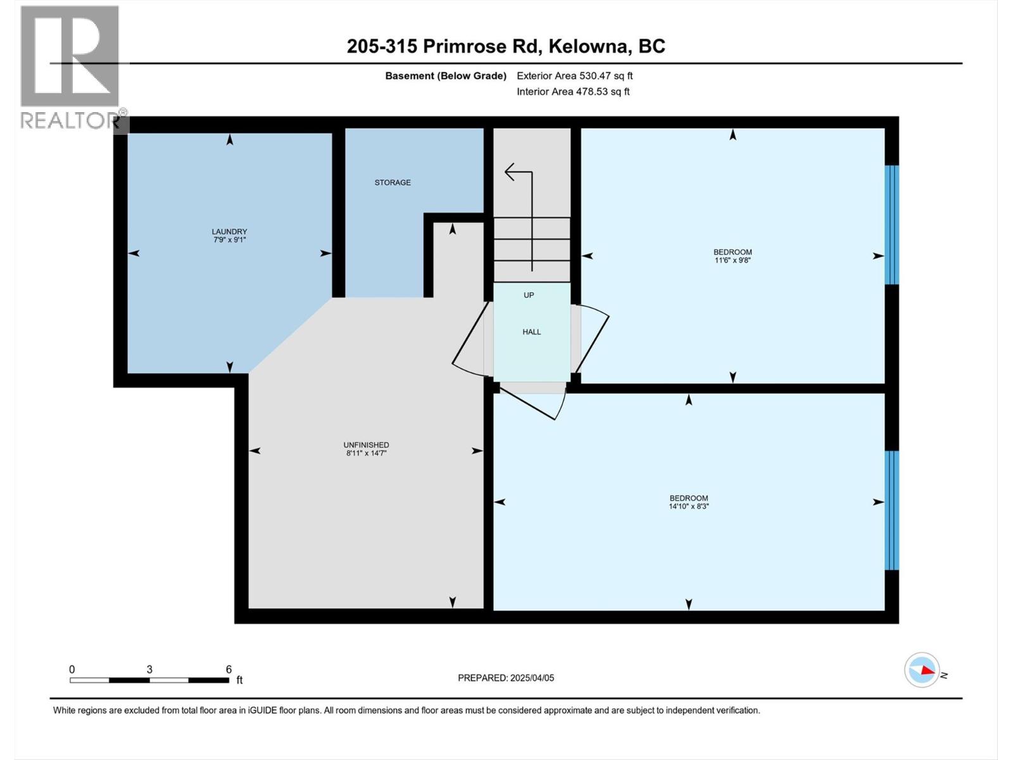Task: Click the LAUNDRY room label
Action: click(x=229, y=232)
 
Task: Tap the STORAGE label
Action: click(x=393, y=182)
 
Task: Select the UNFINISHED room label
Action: click(x=366, y=445)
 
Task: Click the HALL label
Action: click(x=532, y=332)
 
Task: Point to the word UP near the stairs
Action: click(x=529, y=295)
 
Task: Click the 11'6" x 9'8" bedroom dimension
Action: click(x=733, y=260)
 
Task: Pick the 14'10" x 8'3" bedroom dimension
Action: click(x=689, y=507)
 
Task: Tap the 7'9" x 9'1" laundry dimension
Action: click(x=229, y=240)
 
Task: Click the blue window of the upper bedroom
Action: click(x=891, y=225)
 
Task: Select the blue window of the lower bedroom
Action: click(x=891, y=510)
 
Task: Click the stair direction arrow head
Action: click(x=510, y=172)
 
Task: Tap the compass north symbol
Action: click(x=922, y=669)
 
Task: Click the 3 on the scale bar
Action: click(x=149, y=669)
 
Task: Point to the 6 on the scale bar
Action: click(x=229, y=669)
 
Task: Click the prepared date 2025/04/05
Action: click(x=532, y=678)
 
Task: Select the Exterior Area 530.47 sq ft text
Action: click(x=574, y=76)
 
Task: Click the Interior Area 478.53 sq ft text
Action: click(x=573, y=92)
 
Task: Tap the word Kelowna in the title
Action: click(x=588, y=46)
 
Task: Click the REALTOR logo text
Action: click(x=70, y=121)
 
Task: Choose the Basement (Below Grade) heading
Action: click(x=446, y=76)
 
